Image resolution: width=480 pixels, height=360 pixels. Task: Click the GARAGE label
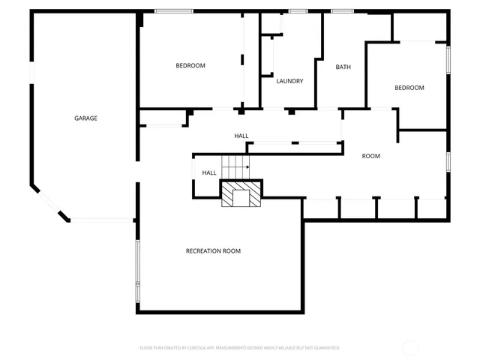(85, 118)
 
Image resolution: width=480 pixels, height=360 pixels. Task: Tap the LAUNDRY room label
(289, 81)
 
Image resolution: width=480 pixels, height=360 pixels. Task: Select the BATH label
(343, 67)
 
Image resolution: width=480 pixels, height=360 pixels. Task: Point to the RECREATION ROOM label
(213, 250)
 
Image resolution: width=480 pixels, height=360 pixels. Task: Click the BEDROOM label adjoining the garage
(190, 65)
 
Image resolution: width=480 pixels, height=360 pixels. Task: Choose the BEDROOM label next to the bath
(409, 88)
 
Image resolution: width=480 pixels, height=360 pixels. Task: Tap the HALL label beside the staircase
(209, 172)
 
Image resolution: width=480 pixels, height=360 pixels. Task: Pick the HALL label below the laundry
(241, 136)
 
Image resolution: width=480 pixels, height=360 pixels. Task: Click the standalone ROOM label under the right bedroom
(371, 156)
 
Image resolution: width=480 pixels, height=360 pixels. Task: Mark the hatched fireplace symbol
(241, 194)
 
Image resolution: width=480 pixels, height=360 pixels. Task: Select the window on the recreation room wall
(137, 263)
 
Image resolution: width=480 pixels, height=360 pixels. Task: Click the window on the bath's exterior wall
(343, 11)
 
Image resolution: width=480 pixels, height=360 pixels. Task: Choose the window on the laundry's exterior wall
(298, 11)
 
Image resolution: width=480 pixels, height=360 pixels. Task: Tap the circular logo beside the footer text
(411, 347)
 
